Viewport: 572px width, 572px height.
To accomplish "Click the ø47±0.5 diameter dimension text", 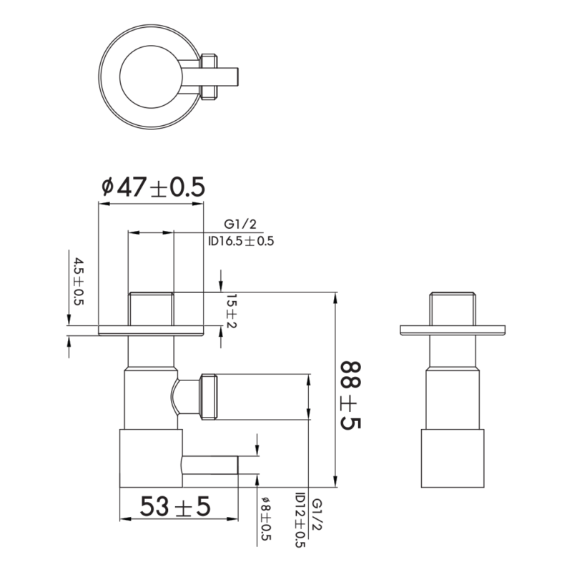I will click(x=152, y=187).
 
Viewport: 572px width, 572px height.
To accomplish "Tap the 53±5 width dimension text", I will click(x=175, y=507).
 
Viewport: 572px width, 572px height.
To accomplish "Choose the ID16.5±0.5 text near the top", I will click(x=241, y=242).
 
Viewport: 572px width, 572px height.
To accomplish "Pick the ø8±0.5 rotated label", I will click(x=266, y=519).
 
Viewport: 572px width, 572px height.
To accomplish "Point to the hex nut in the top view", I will click(x=209, y=75).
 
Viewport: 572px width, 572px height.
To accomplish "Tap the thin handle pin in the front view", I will click(x=210, y=465).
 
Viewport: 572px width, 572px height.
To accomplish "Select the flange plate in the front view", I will click(x=151, y=330).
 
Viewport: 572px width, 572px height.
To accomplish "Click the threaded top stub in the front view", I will click(x=151, y=308).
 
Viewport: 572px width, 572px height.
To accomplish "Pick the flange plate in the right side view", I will click(x=451, y=330).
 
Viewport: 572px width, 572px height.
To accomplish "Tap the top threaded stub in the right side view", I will click(x=451, y=308).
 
